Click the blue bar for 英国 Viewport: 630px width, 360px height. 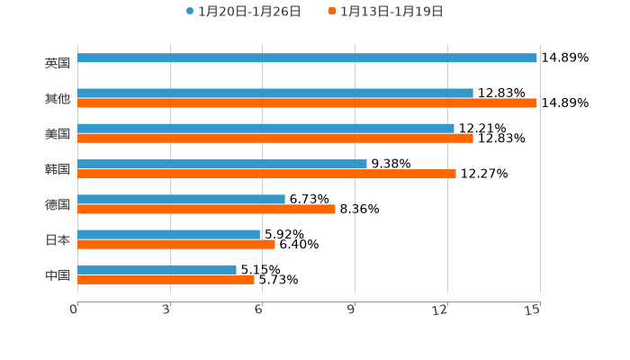pyautogui.click(x=307, y=58)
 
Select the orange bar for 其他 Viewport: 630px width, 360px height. pyautogui.click(x=307, y=103)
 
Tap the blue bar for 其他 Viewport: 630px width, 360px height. pyautogui.click(x=275, y=93)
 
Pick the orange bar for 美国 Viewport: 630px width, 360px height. pyautogui.click(x=275, y=138)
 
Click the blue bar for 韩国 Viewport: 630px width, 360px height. pyautogui.click(x=222, y=164)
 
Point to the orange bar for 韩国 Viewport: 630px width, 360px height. pyautogui.click(x=266, y=174)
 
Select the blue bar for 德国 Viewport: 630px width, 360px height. pyautogui.click(x=181, y=199)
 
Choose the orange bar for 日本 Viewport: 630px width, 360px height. pyautogui.click(x=176, y=244)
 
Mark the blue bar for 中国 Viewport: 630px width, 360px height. pyautogui.click(x=157, y=269)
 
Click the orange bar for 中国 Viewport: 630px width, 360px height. pyautogui.click(x=166, y=279)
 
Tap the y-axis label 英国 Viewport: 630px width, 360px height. pyautogui.click(x=58, y=63)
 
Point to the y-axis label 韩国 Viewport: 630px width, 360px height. pyautogui.click(x=58, y=169)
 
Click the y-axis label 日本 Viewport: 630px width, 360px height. pyautogui.click(x=58, y=239)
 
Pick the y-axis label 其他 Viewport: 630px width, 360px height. pyautogui.click(x=58, y=98)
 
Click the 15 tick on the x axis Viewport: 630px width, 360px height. pyautogui.click(x=533, y=310)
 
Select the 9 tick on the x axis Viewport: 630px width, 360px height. pyautogui.click(x=351, y=310)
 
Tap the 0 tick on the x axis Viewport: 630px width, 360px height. pyautogui.click(x=74, y=310)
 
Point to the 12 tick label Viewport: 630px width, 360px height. pyautogui.click(x=440, y=310)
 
